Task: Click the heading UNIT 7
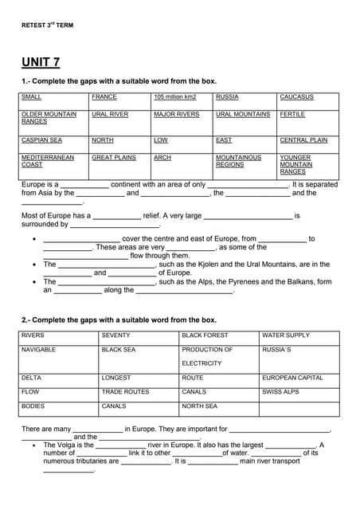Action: tap(41, 62)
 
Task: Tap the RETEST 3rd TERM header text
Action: tap(47, 25)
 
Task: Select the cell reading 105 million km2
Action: tap(174, 97)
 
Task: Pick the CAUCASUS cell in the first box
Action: tap(296, 97)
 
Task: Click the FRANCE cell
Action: tap(104, 97)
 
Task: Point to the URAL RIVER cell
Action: tap(110, 115)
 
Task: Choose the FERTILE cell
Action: tap(292, 115)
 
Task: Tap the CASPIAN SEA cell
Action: tap(41, 140)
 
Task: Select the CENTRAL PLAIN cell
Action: tap(303, 140)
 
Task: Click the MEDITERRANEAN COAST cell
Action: tap(48, 161)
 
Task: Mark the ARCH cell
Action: tap(162, 158)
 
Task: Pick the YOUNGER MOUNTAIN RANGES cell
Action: tap(295, 165)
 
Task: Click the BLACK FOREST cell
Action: tap(205, 335)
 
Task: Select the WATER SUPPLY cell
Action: tap(286, 335)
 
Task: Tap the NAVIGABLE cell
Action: tap(38, 350)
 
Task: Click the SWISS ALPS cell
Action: tap(280, 392)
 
